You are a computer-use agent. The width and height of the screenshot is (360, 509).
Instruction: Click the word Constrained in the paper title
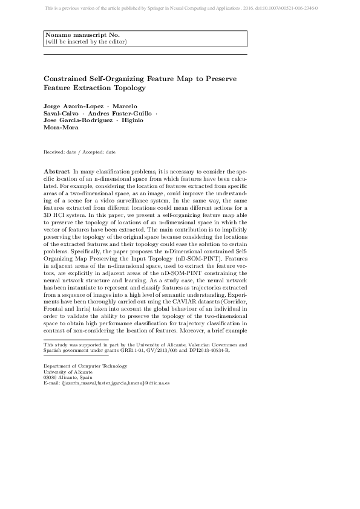pyautogui.click(x=63, y=79)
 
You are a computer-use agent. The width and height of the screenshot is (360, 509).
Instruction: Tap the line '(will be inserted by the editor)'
pyautogui.click(x=86, y=42)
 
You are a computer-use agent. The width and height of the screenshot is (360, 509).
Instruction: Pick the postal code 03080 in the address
pyautogui.click(x=51, y=378)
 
